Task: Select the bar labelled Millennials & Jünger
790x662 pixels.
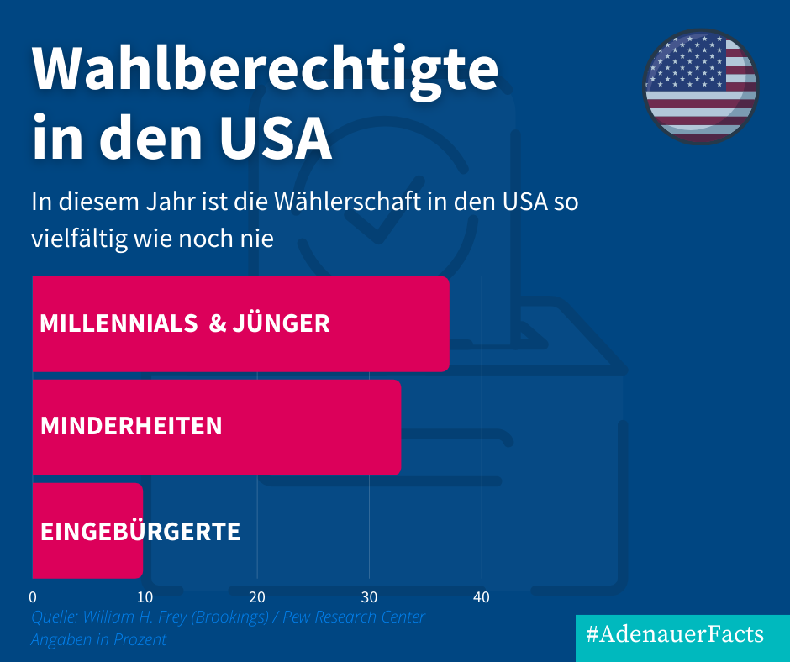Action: tap(240, 324)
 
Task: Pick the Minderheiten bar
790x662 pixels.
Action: tap(216, 427)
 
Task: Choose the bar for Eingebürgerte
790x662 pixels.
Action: tap(87, 531)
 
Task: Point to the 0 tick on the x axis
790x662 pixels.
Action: tap(33, 597)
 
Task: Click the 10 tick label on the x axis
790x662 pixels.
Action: tap(145, 597)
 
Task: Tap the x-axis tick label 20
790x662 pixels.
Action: tap(257, 597)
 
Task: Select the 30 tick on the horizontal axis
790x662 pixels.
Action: tap(369, 597)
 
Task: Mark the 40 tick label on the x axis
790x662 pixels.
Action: tap(481, 597)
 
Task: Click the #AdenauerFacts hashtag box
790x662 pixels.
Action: tap(675, 634)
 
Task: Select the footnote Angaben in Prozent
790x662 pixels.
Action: tap(98, 639)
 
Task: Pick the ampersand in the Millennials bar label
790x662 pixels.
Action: tap(217, 324)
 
